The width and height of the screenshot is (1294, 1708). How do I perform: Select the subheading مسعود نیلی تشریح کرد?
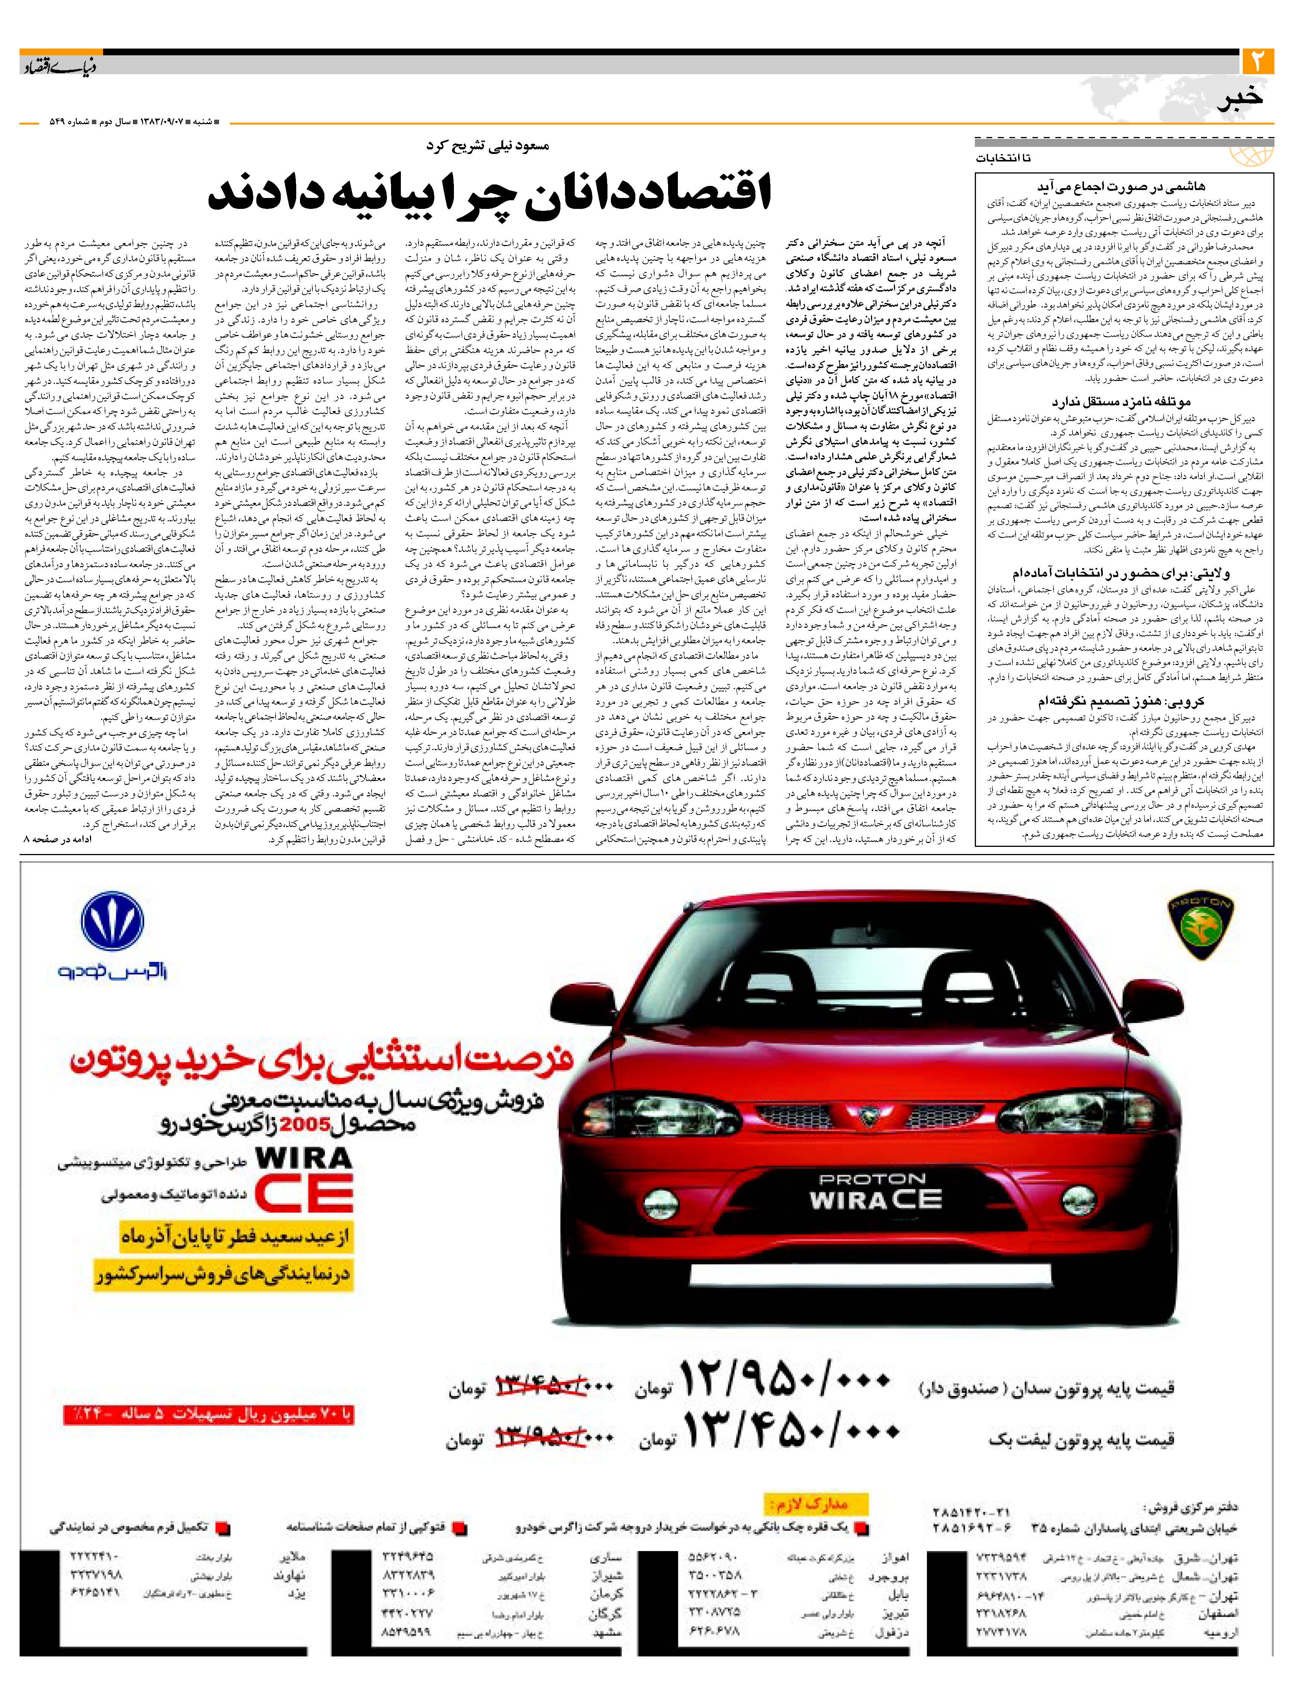(488, 145)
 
